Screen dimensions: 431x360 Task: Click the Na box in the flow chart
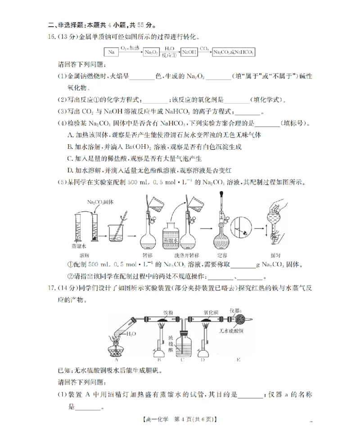[x=112, y=53]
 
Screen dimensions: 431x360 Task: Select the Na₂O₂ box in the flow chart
[x=151, y=53]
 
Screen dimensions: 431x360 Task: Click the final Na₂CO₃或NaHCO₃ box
[x=233, y=53]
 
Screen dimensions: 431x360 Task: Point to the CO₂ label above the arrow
[x=204, y=47]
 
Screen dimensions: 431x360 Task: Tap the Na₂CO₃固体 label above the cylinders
[x=100, y=202]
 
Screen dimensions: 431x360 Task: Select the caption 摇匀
[x=276, y=255]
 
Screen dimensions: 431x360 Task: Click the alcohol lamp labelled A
[x=116, y=349]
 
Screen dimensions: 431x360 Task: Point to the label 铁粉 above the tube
[x=168, y=312]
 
